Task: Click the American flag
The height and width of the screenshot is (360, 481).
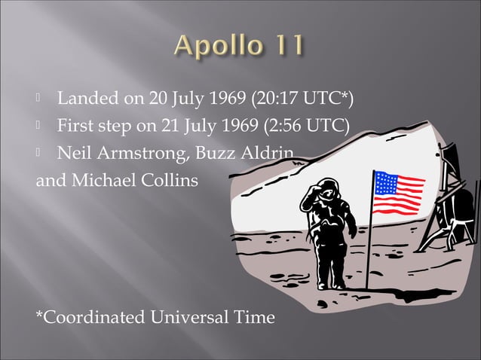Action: click(399, 193)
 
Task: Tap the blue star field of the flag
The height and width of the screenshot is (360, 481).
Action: click(385, 182)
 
